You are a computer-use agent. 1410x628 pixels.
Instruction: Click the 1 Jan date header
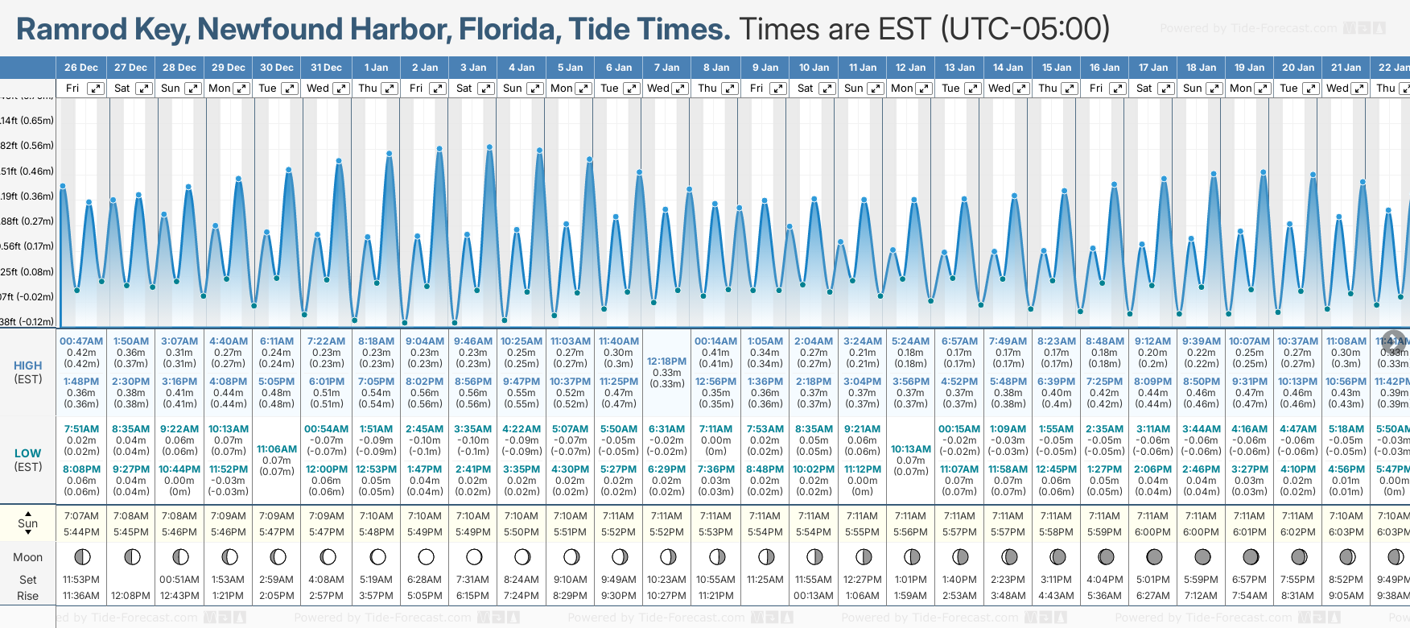[x=376, y=68]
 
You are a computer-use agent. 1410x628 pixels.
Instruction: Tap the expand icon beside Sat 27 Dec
[x=144, y=89]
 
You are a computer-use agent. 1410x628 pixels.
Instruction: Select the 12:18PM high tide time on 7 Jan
[x=666, y=362]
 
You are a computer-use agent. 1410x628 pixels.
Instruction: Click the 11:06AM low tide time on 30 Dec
[x=277, y=449]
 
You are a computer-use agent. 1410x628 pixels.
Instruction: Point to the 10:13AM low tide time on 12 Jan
[x=911, y=449]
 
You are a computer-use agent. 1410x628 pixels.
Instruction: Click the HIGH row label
[x=28, y=366]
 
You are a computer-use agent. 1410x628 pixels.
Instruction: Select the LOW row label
[x=28, y=453]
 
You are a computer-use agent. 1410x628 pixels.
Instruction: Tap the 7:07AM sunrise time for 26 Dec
[x=81, y=516]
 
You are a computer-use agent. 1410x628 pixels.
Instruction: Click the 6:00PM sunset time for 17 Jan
[x=1152, y=532]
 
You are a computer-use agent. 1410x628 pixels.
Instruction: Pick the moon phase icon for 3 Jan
[x=474, y=556]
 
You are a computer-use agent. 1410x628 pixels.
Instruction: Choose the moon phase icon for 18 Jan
[x=1202, y=556]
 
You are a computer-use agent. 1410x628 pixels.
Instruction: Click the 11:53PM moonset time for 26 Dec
[x=81, y=580]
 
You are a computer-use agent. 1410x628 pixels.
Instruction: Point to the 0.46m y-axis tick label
[x=27, y=171]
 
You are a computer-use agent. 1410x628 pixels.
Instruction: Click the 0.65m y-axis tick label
[x=27, y=121]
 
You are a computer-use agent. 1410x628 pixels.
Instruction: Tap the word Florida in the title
[x=509, y=29]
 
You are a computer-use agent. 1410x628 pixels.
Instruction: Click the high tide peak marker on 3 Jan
[x=489, y=147]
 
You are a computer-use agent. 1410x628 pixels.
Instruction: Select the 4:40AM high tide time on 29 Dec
[x=229, y=341]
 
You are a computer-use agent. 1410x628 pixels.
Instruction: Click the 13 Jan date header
[x=960, y=68]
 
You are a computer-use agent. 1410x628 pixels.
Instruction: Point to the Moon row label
[x=28, y=557]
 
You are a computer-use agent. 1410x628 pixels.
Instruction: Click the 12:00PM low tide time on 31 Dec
[x=326, y=469]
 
